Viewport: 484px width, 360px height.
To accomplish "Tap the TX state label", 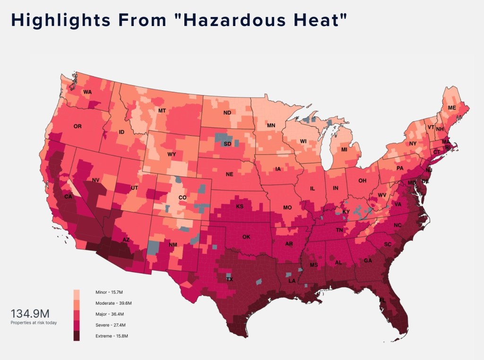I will (230, 280).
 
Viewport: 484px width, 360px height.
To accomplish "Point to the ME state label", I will (452, 108).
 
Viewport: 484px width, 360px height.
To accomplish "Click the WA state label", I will (87, 92).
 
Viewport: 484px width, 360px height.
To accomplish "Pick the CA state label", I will (68, 196).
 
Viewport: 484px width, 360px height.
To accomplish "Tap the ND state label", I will (227, 113).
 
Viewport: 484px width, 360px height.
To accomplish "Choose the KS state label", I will (240, 206).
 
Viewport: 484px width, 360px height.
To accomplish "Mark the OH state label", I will (362, 181).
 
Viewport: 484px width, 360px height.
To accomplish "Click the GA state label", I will (367, 261).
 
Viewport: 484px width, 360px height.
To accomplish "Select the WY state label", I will (172, 154).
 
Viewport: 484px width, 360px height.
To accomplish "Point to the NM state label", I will (173, 245).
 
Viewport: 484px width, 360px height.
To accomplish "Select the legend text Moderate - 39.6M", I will (113, 303).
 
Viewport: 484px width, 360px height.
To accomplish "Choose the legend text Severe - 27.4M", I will (111, 325).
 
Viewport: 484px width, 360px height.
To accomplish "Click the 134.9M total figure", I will (30, 314).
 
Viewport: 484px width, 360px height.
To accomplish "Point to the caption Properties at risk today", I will (34, 323).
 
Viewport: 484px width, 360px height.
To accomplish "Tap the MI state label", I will (345, 149).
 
